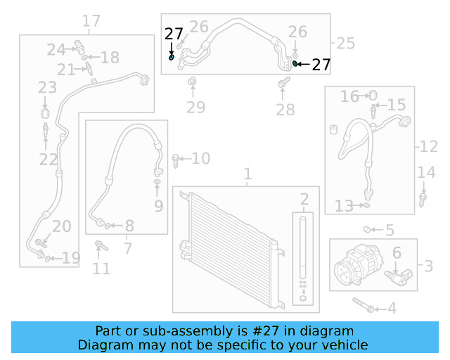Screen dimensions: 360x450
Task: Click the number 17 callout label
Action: [91, 21]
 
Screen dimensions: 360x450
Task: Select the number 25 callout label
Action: [345, 44]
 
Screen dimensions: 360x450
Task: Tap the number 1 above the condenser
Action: [247, 174]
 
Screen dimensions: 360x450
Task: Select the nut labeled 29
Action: [191, 86]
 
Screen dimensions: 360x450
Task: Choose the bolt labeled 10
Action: [176, 160]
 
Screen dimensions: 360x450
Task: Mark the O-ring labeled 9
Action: [157, 184]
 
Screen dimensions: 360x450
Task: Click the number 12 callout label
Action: [429, 146]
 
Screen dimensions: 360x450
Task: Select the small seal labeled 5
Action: [367, 229]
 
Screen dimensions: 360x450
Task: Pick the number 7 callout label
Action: [127, 248]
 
